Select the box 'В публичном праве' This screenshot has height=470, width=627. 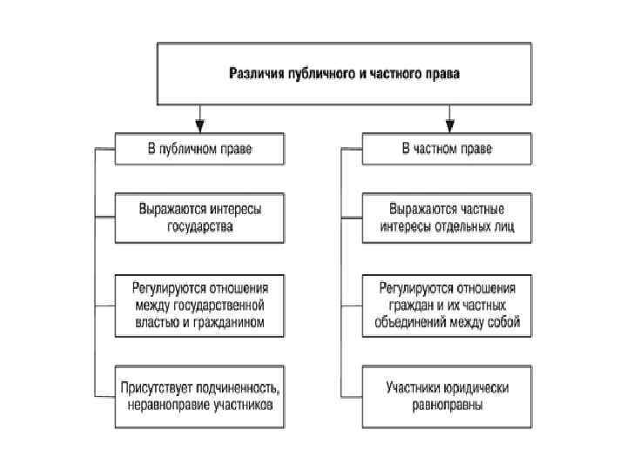pyautogui.click(x=199, y=149)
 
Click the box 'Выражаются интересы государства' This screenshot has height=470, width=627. pyautogui.click(x=199, y=218)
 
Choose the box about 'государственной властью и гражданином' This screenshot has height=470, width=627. pyautogui.click(x=199, y=305)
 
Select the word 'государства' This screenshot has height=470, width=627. pyautogui.click(x=199, y=227)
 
